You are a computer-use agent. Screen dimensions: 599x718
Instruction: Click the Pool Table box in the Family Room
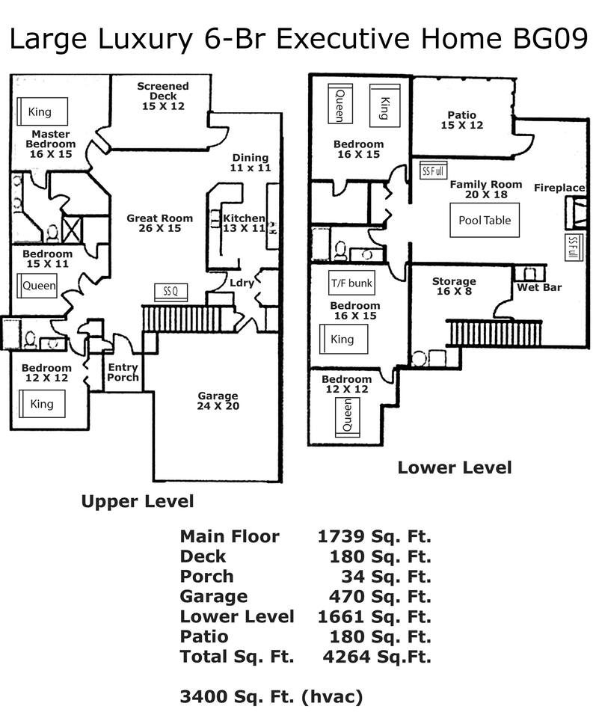pyautogui.click(x=485, y=220)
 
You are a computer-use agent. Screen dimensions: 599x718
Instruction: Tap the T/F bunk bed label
pyautogui.click(x=351, y=283)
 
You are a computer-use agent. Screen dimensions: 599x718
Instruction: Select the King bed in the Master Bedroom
pyautogui.click(x=42, y=111)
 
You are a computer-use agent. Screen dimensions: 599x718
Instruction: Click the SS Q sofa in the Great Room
pyautogui.click(x=171, y=291)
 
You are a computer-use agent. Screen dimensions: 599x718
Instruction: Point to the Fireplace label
pyautogui.click(x=559, y=188)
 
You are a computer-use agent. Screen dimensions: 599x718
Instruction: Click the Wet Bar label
pyautogui.click(x=539, y=287)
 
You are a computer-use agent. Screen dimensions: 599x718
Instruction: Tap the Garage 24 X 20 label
pyautogui.click(x=218, y=401)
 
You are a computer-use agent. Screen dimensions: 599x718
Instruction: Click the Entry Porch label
pyautogui.click(x=123, y=372)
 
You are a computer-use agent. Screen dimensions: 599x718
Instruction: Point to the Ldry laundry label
pyautogui.click(x=242, y=283)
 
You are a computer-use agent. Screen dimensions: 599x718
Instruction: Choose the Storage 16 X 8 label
pyautogui.click(x=454, y=286)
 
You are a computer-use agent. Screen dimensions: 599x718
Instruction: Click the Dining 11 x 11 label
pyautogui.click(x=250, y=162)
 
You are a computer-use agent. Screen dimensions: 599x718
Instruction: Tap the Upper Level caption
pyautogui.click(x=138, y=501)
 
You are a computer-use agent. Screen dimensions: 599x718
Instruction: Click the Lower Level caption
pyautogui.click(x=454, y=467)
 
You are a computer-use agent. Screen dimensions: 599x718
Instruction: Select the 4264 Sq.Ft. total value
pyautogui.click(x=377, y=657)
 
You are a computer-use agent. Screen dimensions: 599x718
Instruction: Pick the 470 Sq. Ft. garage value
pyautogui.click(x=380, y=596)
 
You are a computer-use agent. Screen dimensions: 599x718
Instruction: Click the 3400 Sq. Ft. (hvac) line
pyautogui.click(x=271, y=697)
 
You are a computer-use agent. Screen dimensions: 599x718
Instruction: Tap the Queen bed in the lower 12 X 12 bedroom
pyautogui.click(x=348, y=416)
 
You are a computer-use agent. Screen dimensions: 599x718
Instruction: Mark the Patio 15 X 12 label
pyautogui.click(x=461, y=120)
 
